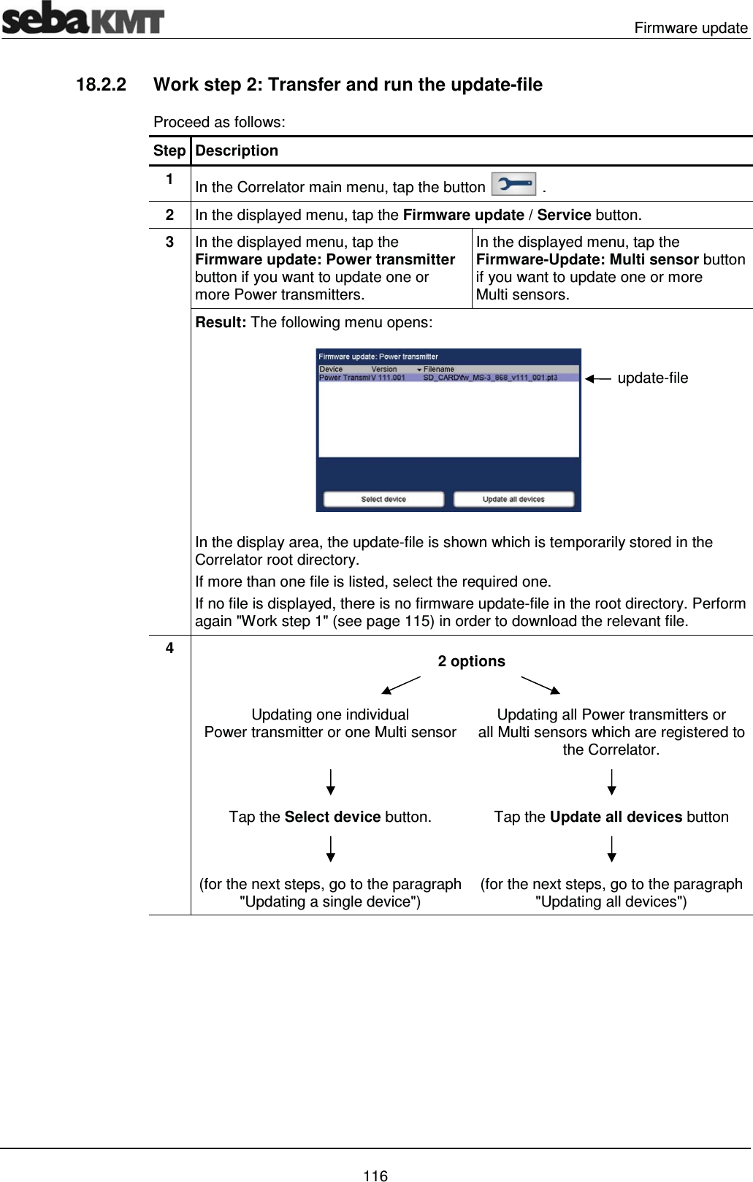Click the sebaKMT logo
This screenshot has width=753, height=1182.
coord(83,18)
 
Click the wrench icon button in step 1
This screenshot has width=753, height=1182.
coord(513,184)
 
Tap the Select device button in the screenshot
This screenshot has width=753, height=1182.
coord(383,499)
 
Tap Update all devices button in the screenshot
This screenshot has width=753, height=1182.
coord(513,499)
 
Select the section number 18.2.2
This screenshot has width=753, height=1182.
coord(101,85)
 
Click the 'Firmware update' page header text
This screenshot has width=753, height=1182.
coord(690,28)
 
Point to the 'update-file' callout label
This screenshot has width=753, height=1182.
coord(652,378)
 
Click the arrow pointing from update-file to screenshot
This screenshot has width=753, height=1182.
coord(598,378)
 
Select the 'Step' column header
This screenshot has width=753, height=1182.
coord(169,150)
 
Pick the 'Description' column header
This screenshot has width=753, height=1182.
coord(237,150)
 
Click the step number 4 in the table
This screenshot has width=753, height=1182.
coord(169,648)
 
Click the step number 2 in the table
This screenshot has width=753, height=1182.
coord(169,215)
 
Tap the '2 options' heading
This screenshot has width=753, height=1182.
coord(471,661)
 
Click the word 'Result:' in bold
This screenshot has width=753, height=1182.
coord(221,322)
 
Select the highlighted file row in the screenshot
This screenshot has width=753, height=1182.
coord(448,378)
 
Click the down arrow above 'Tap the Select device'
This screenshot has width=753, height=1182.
coord(331,782)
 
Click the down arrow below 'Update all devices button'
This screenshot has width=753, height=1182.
coord(612,849)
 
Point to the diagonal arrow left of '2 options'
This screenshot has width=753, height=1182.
coord(400,685)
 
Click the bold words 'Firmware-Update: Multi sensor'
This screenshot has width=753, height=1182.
coord(587,259)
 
